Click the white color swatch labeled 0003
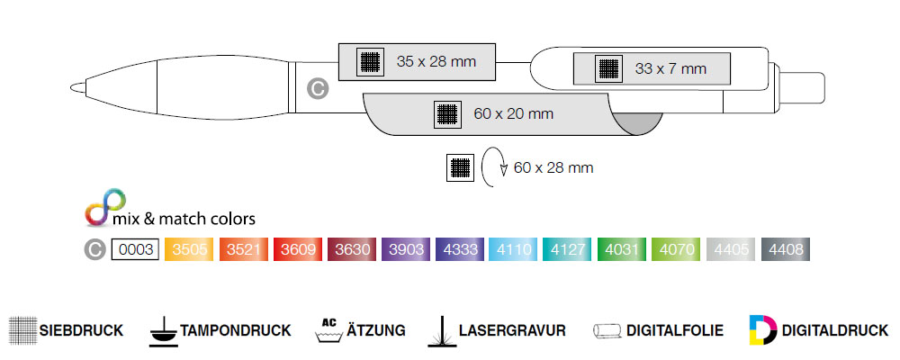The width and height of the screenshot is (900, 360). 135,249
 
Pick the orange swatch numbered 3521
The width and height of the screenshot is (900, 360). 243,249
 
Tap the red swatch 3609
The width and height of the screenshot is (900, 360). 297,249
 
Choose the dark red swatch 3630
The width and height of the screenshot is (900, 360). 351,249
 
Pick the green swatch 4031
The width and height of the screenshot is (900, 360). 621,249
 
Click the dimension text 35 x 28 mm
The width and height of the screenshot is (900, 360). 436,61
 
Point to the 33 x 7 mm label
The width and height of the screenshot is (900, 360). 670,68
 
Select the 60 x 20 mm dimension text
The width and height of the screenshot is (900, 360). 513,113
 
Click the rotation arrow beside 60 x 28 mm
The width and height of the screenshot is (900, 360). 493,167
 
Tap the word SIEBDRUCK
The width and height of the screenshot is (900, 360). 81,330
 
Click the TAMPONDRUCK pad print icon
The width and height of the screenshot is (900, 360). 163,329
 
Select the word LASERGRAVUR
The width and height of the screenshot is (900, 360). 511,330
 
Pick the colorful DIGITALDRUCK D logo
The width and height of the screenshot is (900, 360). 761,329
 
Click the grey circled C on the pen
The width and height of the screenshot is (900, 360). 316,88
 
